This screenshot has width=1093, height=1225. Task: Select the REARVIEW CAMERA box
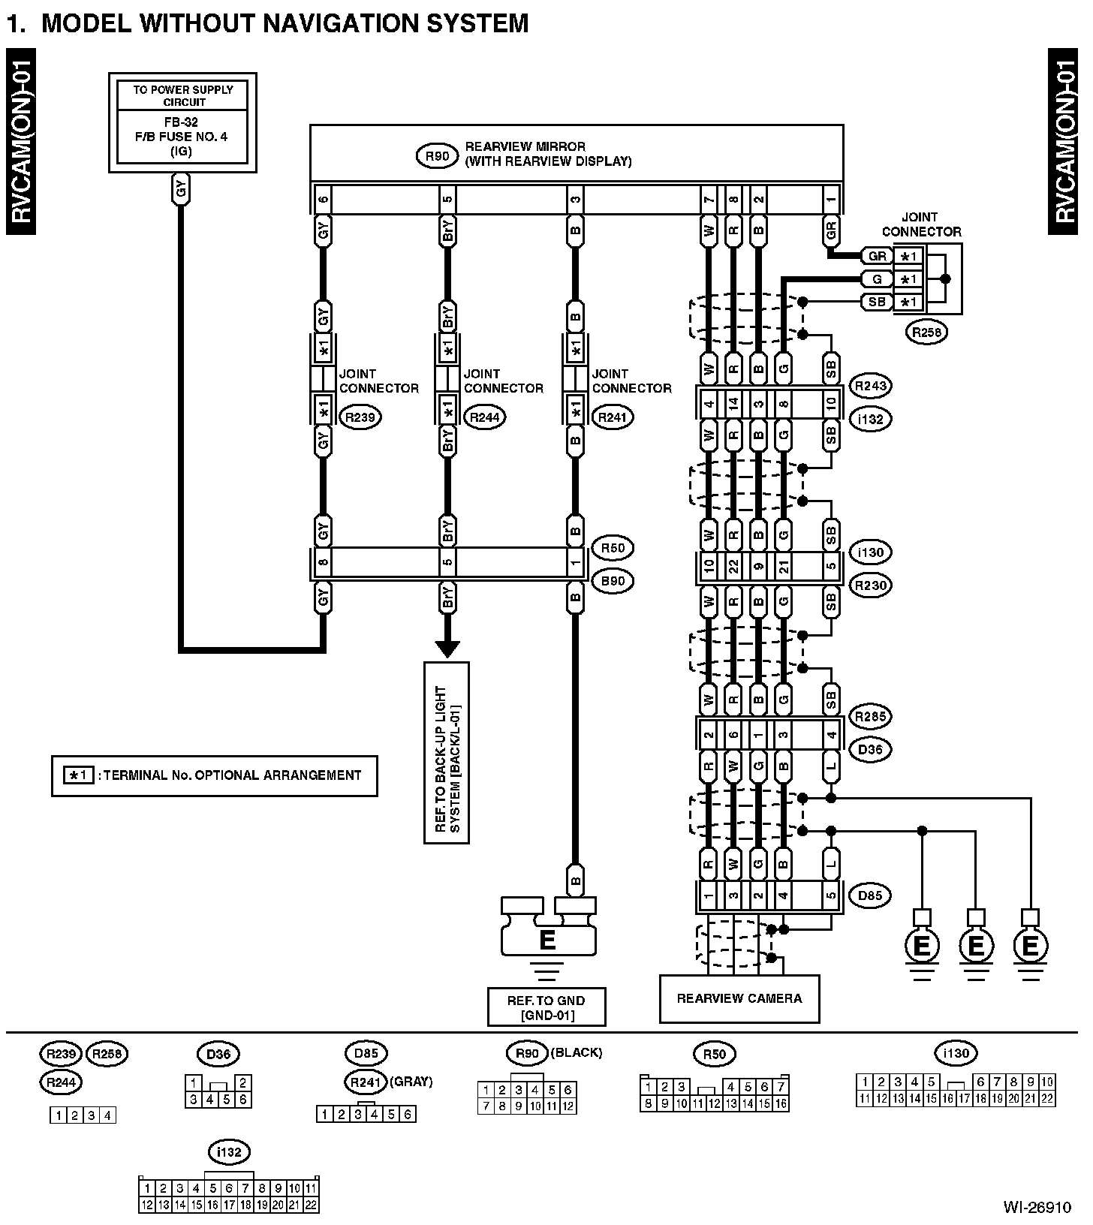click(x=739, y=998)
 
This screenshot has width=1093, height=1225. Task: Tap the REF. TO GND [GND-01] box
click(x=546, y=1007)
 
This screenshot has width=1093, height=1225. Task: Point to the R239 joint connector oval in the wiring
click(x=361, y=417)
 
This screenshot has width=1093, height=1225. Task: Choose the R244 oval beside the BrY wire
click(x=486, y=417)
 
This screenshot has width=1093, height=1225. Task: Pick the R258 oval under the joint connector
click(x=927, y=333)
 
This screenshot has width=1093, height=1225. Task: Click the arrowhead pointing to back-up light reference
click(x=447, y=648)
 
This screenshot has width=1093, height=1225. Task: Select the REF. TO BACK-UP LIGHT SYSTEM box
click(x=447, y=752)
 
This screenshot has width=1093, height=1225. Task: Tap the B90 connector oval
click(x=613, y=581)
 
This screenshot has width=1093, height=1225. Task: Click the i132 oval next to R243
click(x=870, y=419)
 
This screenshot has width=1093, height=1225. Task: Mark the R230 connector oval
click(x=870, y=585)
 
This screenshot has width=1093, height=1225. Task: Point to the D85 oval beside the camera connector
click(x=870, y=895)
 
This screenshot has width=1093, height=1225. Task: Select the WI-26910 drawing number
click(x=1037, y=1208)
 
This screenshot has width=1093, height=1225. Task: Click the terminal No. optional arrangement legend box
click(x=215, y=775)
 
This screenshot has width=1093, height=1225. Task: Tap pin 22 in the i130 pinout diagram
click(x=1047, y=1099)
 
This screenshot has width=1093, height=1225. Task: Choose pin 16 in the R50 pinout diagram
click(x=781, y=1103)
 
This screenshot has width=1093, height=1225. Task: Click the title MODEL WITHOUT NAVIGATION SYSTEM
click(x=285, y=23)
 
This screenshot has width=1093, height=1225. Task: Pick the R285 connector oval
click(x=870, y=716)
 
